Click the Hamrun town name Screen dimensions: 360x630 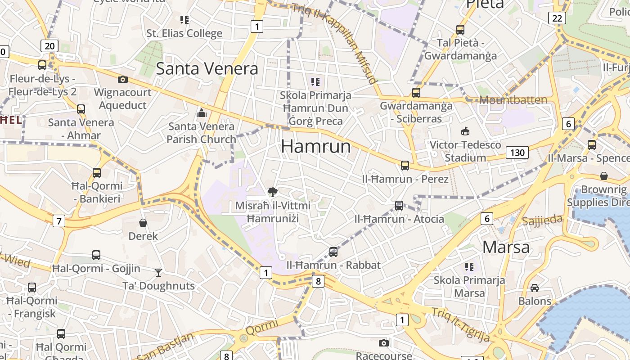point(316,147)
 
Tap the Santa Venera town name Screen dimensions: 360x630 point(207,68)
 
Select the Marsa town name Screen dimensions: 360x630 point(506,247)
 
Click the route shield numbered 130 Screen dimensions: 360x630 point(517,153)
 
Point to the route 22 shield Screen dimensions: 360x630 point(557,18)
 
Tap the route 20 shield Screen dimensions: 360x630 point(49,45)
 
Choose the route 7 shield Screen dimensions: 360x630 point(58,221)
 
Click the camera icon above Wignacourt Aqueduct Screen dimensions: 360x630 point(122,80)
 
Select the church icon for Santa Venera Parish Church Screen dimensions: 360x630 point(201,112)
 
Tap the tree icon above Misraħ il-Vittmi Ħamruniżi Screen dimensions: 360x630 point(272,193)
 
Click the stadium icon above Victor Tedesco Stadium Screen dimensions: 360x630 point(465,131)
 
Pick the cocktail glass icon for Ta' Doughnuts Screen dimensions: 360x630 point(158,272)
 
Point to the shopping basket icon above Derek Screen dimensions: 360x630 point(143,222)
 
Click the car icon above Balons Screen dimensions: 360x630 point(535,288)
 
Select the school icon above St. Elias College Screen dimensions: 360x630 point(184,20)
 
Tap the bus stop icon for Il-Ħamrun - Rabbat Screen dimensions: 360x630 point(333,252)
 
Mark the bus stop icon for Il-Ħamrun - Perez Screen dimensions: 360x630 point(405,166)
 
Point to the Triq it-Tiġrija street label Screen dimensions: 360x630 point(460,324)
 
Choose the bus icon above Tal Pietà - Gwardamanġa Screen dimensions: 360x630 point(460,30)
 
